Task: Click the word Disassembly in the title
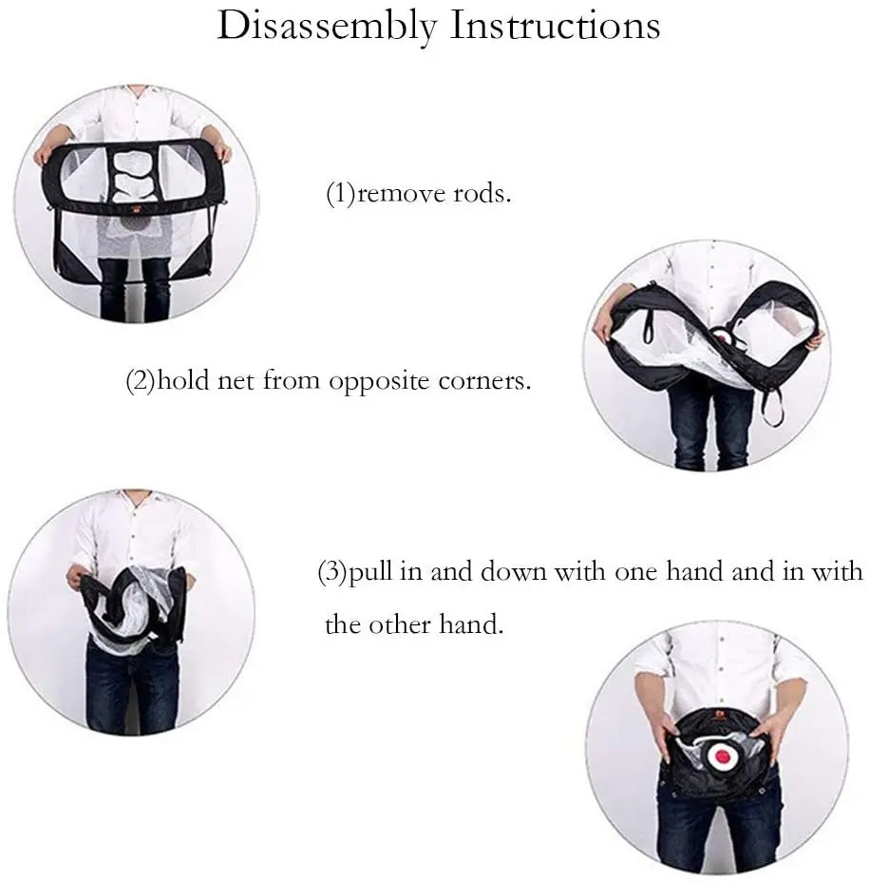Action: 327,27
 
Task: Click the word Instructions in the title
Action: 556,26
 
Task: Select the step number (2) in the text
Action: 141,381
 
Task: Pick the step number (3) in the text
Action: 332,572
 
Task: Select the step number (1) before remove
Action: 341,194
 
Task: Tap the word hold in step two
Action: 182,380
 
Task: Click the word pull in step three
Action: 371,572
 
